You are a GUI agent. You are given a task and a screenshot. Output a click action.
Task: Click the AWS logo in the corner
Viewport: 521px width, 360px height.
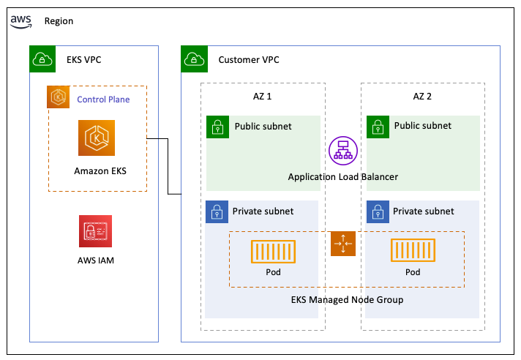point(22,22)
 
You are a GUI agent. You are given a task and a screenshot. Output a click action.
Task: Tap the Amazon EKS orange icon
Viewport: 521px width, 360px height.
point(97,138)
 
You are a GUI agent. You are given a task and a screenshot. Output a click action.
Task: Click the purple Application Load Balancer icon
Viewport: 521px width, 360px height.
point(341,149)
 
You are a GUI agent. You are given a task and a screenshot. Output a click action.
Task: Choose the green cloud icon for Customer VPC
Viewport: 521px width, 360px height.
point(193,59)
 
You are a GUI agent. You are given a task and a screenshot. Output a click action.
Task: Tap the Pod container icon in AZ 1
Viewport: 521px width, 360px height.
point(274,251)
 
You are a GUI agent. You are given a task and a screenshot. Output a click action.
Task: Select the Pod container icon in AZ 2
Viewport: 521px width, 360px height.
point(413,251)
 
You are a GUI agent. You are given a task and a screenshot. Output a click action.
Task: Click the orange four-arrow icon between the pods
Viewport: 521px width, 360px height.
point(342,244)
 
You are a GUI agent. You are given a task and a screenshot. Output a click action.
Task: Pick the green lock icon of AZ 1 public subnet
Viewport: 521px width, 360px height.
point(217,127)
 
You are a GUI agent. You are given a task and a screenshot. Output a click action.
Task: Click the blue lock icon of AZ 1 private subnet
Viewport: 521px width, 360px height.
point(217,212)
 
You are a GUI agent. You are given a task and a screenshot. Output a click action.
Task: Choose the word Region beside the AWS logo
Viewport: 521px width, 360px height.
point(59,22)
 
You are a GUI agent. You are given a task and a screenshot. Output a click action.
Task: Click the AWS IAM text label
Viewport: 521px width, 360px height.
point(96,260)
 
